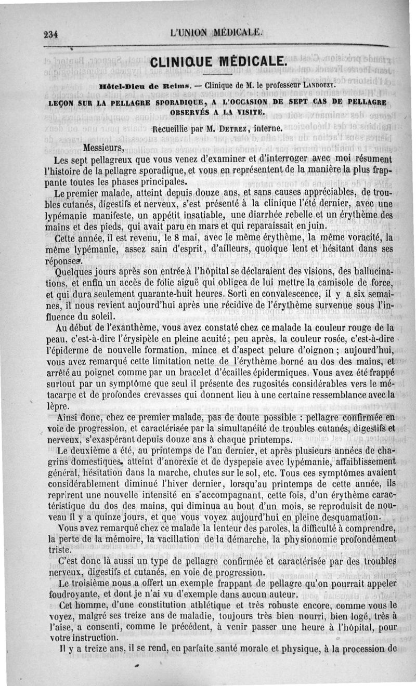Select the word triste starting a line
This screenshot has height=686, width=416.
(x=58, y=550)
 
